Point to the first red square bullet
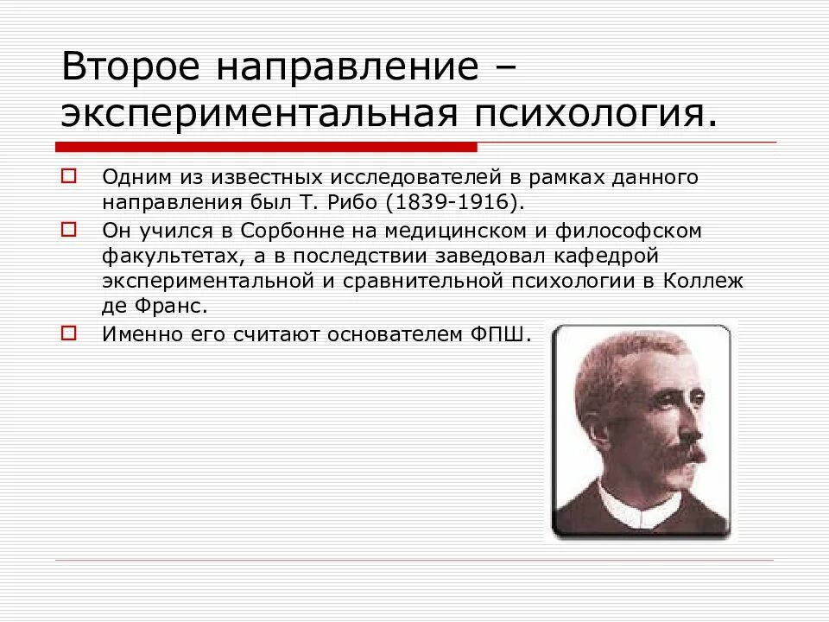coord(68,176)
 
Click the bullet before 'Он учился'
coord(68,230)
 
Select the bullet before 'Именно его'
coord(68,332)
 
